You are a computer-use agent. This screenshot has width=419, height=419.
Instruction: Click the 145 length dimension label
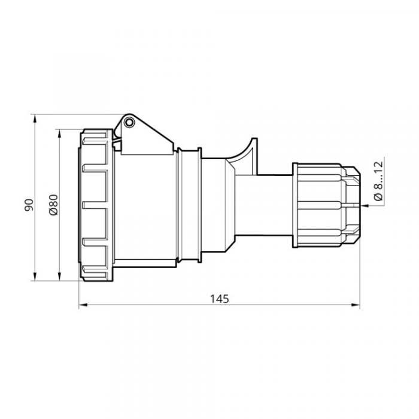pyautogui.click(x=220, y=299)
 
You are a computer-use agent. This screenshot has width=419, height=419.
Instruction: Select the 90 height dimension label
pyautogui.click(x=29, y=205)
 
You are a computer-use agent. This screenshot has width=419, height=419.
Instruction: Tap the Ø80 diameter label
pyautogui.click(x=53, y=205)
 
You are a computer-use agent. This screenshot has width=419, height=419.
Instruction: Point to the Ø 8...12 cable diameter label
pyautogui.click(x=378, y=181)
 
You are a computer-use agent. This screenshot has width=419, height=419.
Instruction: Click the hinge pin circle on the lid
pyautogui.click(x=129, y=122)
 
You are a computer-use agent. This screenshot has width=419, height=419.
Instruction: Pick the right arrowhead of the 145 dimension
pyautogui.click(x=356, y=305)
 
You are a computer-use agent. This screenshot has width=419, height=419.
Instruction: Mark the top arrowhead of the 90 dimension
pyautogui.click(x=35, y=119)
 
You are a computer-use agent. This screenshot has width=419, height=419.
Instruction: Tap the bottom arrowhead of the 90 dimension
pyautogui.click(x=35, y=276)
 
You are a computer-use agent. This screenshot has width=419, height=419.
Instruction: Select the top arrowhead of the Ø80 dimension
pyautogui.click(x=59, y=134)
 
